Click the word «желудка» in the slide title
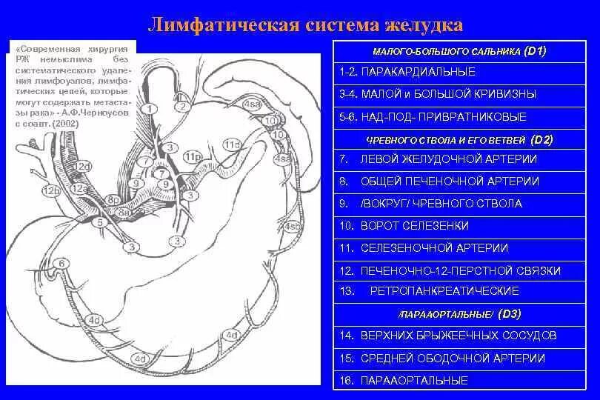(x=424, y=25)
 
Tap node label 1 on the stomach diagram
(x=150, y=109)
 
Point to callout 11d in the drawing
(x=233, y=144)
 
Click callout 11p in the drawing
(x=193, y=157)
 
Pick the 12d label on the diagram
(x=83, y=166)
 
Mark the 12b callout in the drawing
(x=51, y=190)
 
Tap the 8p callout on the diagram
(x=113, y=200)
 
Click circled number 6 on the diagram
(x=63, y=263)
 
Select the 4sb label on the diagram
(x=293, y=225)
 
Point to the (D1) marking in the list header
(x=535, y=51)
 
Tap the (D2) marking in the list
(x=541, y=139)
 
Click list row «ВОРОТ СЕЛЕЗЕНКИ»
(x=414, y=225)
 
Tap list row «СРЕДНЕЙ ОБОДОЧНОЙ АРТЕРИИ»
(x=452, y=358)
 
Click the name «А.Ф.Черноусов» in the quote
(x=101, y=115)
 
